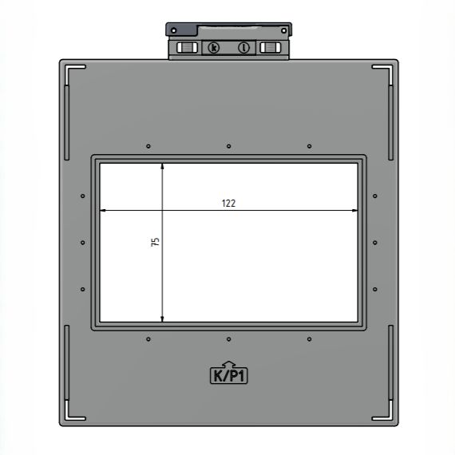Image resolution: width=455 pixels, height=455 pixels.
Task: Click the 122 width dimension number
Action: click(x=228, y=203)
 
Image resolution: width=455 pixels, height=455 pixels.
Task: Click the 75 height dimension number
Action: click(x=155, y=242)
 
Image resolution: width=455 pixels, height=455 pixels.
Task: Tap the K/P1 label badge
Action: click(x=228, y=375)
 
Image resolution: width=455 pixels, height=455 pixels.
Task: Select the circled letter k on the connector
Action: click(x=214, y=48)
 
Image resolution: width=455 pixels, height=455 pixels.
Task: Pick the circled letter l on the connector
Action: click(x=243, y=48)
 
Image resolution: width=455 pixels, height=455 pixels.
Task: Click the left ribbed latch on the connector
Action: click(x=187, y=48)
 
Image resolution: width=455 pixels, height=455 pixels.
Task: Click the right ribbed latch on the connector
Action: click(x=270, y=48)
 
